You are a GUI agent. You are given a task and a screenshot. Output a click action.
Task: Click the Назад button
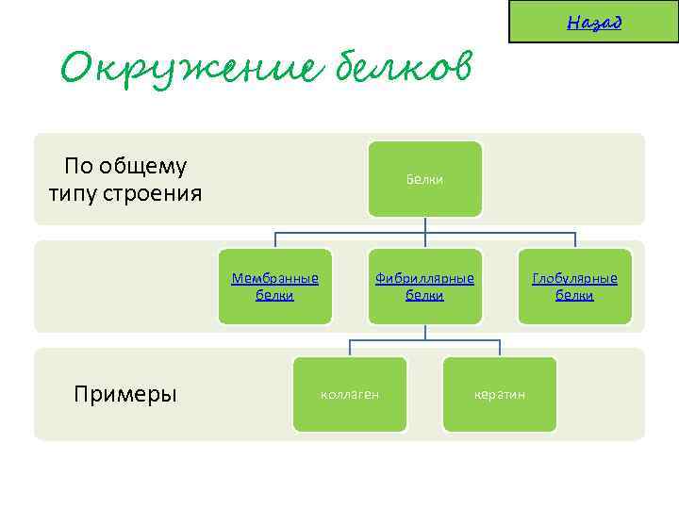tap(593, 22)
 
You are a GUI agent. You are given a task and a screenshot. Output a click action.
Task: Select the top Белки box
tap(424, 179)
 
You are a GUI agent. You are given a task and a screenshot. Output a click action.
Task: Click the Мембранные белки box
tap(274, 287)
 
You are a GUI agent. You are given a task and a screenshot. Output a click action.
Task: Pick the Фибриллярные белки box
tap(424, 287)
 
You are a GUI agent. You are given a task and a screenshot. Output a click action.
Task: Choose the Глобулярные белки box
tap(574, 287)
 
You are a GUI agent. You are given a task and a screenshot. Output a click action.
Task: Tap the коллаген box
tap(350, 394)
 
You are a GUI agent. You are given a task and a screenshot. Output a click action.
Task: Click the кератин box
tap(500, 394)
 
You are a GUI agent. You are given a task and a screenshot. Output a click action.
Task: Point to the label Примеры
tap(124, 394)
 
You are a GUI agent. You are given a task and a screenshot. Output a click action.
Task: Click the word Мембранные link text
tap(274, 279)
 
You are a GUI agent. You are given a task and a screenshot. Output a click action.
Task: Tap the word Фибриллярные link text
tap(424, 279)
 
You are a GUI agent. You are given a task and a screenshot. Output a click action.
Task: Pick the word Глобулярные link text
tap(574, 279)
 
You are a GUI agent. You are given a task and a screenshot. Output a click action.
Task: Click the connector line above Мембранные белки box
tap(274, 239)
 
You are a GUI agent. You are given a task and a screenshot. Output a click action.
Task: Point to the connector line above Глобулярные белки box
tap(574, 239)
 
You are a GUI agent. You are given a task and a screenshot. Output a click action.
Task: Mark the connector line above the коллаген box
tap(350, 348)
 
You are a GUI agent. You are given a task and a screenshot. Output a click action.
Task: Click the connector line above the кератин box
tap(500, 348)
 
